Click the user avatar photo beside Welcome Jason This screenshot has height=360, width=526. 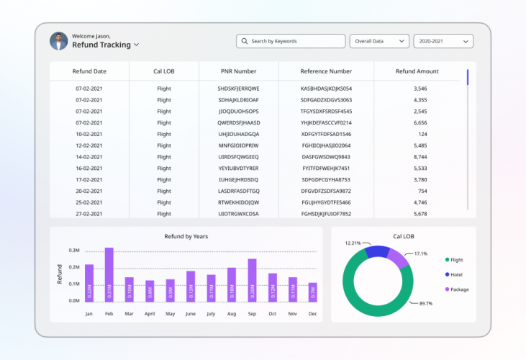58,40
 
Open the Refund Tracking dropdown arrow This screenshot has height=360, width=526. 137,45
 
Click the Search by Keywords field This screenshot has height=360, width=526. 291,41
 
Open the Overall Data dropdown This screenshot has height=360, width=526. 379,41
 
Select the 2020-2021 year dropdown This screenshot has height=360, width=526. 443,41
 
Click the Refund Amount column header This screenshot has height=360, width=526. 417,71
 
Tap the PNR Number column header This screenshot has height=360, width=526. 238,71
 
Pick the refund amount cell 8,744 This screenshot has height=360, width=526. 420,156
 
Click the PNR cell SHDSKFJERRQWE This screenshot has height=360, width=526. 238,88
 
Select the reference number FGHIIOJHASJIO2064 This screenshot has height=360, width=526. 326,145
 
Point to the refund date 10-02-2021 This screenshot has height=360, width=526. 89,134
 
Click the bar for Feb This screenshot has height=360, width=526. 109,274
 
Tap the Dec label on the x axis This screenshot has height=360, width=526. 313,314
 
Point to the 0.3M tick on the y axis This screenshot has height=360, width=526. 74,251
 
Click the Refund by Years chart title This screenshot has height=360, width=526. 186,236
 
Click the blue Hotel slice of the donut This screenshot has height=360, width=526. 377,251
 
